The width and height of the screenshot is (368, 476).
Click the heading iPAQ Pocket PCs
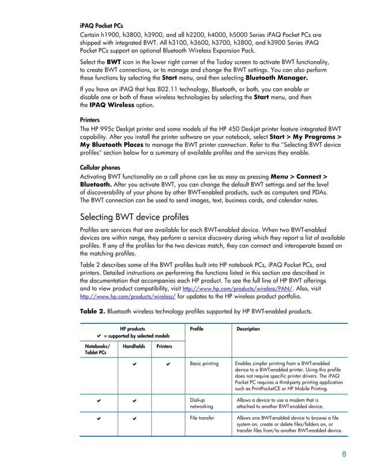tap(101, 27)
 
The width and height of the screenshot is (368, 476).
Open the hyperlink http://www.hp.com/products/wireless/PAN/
tap(237, 288)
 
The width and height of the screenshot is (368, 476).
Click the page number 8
tap(344, 454)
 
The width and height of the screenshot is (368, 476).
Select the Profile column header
tap(196, 329)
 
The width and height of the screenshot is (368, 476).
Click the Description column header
tap(248, 329)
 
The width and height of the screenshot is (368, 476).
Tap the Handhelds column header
tap(134, 346)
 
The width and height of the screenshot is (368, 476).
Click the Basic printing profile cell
tap(204, 364)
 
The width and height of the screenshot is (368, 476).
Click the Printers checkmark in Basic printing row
tap(167, 364)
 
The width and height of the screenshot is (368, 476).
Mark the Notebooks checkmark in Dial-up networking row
tap(99, 399)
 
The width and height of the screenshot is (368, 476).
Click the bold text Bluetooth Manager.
tap(276, 77)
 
